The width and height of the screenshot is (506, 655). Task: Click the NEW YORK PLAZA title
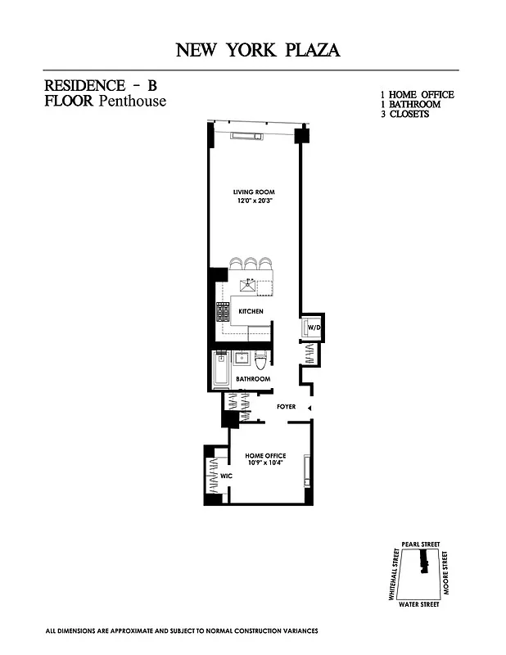point(258,50)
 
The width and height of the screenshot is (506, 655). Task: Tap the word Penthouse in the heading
point(133,102)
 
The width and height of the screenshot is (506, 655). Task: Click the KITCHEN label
point(251,312)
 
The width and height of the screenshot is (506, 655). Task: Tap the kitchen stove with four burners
point(222,312)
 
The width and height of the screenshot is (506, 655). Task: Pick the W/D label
point(314,327)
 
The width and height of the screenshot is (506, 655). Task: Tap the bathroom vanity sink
point(242,359)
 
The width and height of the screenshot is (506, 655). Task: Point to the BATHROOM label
point(253,379)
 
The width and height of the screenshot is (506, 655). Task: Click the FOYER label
point(286,406)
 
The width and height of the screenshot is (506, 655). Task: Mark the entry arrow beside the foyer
point(309,407)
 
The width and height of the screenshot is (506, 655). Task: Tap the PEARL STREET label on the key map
point(421,544)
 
